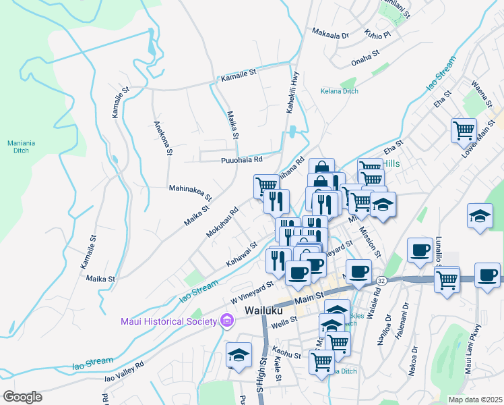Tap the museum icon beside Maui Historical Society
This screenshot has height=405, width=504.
click(x=226, y=321)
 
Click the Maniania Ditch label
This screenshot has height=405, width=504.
click(x=21, y=146)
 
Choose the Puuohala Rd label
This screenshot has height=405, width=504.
click(x=241, y=160)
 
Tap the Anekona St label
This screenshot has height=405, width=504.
click(x=161, y=138)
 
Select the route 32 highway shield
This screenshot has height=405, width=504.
click(x=381, y=280)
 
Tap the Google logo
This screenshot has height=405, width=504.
click(x=22, y=397)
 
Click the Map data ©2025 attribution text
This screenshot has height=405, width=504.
click(x=476, y=400)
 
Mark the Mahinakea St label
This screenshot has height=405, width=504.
click(x=190, y=193)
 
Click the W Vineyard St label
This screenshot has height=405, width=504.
click(x=252, y=292)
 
